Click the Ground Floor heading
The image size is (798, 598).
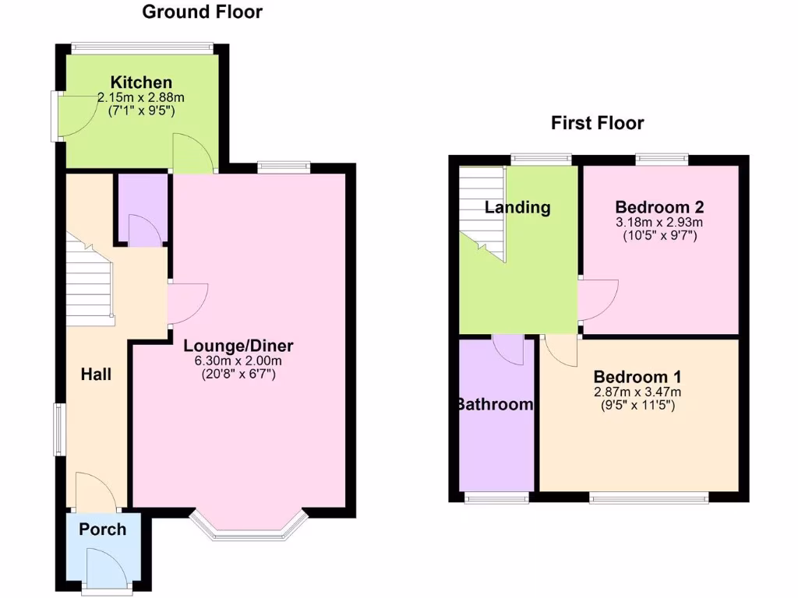point(202,12)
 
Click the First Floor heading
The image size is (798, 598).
point(597,123)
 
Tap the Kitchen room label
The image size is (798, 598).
point(141,83)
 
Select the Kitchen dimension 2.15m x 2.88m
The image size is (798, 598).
point(141,97)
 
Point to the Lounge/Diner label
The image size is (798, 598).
point(238,346)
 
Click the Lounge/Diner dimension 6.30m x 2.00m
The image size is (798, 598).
point(238,361)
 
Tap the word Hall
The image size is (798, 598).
point(97,375)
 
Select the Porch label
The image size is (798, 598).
point(103,529)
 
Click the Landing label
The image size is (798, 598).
point(517,207)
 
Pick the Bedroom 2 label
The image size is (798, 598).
point(659,207)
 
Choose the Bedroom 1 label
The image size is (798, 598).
point(637,377)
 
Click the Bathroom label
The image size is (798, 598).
point(496,404)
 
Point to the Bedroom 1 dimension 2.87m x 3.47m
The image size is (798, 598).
point(637,392)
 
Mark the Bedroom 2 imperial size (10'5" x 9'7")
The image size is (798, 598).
point(659,234)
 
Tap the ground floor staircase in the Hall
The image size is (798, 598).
point(88,284)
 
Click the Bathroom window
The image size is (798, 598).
point(496,497)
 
